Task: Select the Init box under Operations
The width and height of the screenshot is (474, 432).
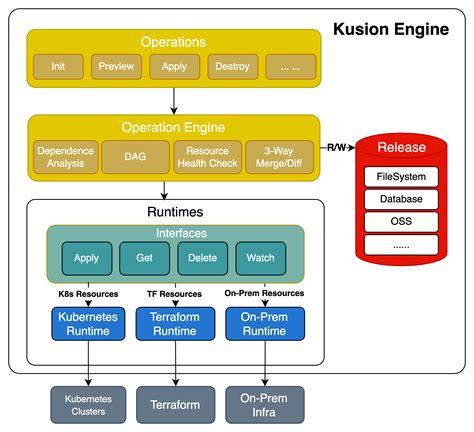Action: pyautogui.click(x=59, y=67)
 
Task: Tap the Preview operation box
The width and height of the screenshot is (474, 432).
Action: pyautogui.click(x=117, y=67)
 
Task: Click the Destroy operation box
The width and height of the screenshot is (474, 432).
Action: pyautogui.click(x=233, y=67)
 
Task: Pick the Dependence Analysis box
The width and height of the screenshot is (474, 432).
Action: pyautogui.click(x=64, y=157)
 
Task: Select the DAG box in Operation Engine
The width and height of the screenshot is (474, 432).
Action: pyautogui.click(x=133, y=157)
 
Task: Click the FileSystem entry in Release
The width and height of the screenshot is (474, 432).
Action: pyautogui.click(x=401, y=177)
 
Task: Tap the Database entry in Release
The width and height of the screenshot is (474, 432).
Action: pyautogui.click(x=401, y=199)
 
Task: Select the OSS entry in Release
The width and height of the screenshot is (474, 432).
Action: pyautogui.click(x=401, y=221)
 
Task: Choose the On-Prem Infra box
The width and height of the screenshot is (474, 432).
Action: pyautogui.click(x=264, y=404)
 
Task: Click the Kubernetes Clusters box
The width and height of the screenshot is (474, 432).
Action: pyautogui.click(x=88, y=404)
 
